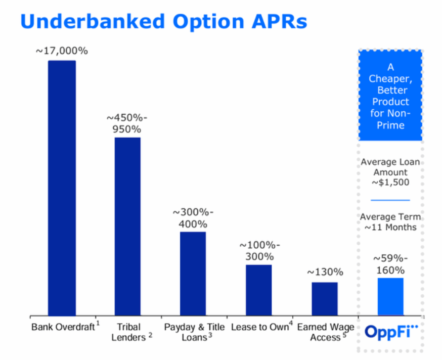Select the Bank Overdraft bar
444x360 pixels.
pos(62,188)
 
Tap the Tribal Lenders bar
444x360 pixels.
pos(127,226)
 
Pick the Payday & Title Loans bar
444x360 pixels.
pos(193,273)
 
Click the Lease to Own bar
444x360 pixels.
pos(258,290)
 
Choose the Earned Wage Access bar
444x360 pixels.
pos(324,298)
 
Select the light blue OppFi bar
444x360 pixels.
pos(390,296)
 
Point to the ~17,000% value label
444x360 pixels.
pos(62,51)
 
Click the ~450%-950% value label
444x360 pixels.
pos(127,123)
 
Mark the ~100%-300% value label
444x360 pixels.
pos(259,251)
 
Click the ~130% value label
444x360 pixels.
pos(325,272)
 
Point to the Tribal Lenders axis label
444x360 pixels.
pos(129,332)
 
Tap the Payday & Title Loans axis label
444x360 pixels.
pos(194,332)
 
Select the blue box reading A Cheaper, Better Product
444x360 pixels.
pos(390,96)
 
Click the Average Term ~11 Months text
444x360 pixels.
pos(390,222)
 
